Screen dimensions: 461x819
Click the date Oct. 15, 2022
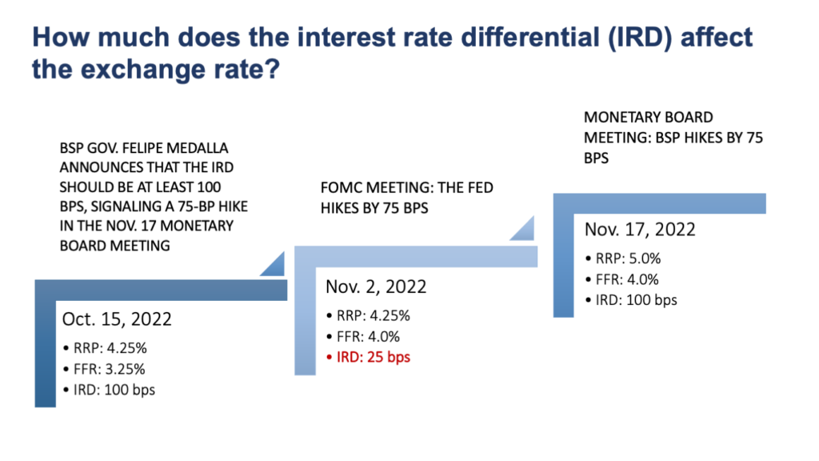pyautogui.click(x=117, y=319)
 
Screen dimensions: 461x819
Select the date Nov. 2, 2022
pyautogui.click(x=376, y=287)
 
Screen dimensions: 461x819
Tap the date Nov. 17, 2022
pyautogui.click(x=640, y=230)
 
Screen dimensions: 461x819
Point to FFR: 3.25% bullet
pyautogui.click(x=106, y=371)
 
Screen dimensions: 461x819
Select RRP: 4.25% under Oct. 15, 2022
pyautogui.click(x=107, y=350)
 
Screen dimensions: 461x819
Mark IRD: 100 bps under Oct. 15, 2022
pyautogui.click(x=112, y=391)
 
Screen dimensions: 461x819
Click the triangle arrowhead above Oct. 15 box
pyautogui.click(x=271, y=265)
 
